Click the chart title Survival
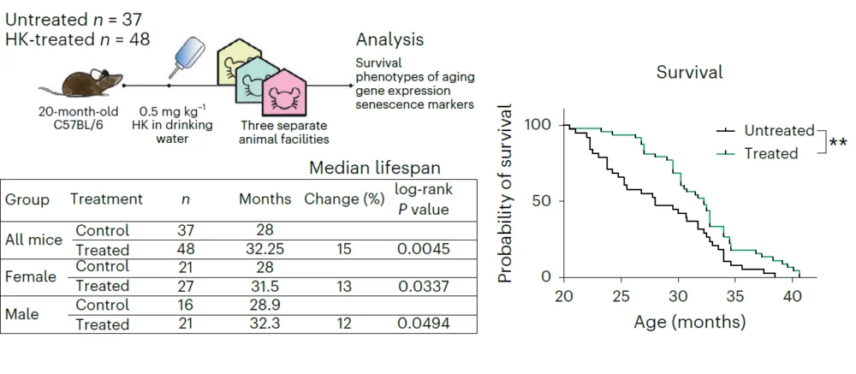[689, 72]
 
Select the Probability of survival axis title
[506, 194]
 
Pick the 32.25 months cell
[265, 250]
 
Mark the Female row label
[31, 276]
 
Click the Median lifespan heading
[375, 168]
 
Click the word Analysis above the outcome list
[389, 40]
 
